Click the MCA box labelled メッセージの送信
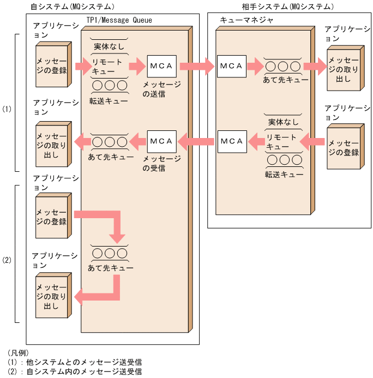click(161, 66)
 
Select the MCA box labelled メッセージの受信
click(161, 141)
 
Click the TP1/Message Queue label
click(119, 20)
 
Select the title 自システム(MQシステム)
click(73, 7)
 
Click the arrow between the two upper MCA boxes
click(196, 67)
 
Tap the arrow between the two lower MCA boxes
click(196, 142)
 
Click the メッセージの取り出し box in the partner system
click(344, 68)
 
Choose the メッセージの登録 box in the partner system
click(344, 147)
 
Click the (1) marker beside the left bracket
click(7, 109)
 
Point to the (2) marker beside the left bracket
click(7, 260)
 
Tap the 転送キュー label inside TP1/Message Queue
click(109, 100)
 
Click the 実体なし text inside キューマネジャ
click(283, 122)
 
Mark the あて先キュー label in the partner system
click(281, 80)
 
